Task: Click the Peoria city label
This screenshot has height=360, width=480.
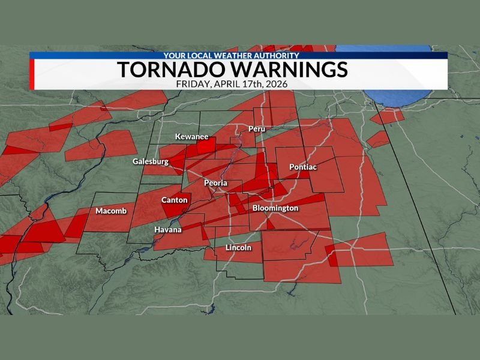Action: (215, 182)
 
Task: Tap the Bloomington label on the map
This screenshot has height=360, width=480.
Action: (275, 208)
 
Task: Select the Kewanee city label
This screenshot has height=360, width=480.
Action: (191, 137)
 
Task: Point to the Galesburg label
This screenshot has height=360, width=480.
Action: (150, 162)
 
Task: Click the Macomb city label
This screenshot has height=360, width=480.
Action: (110, 211)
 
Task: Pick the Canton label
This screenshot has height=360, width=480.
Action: (175, 200)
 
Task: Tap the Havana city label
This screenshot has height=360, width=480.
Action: (167, 230)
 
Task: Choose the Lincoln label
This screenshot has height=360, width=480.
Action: (238, 248)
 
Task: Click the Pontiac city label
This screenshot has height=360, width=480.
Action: (302, 167)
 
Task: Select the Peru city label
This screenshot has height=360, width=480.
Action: (256, 129)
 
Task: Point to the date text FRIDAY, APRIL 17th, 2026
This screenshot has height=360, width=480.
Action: (232, 84)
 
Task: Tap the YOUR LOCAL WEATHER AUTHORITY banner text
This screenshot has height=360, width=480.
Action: (231, 55)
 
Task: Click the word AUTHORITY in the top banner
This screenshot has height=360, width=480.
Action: (277, 55)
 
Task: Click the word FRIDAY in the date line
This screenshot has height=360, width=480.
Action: (191, 84)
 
